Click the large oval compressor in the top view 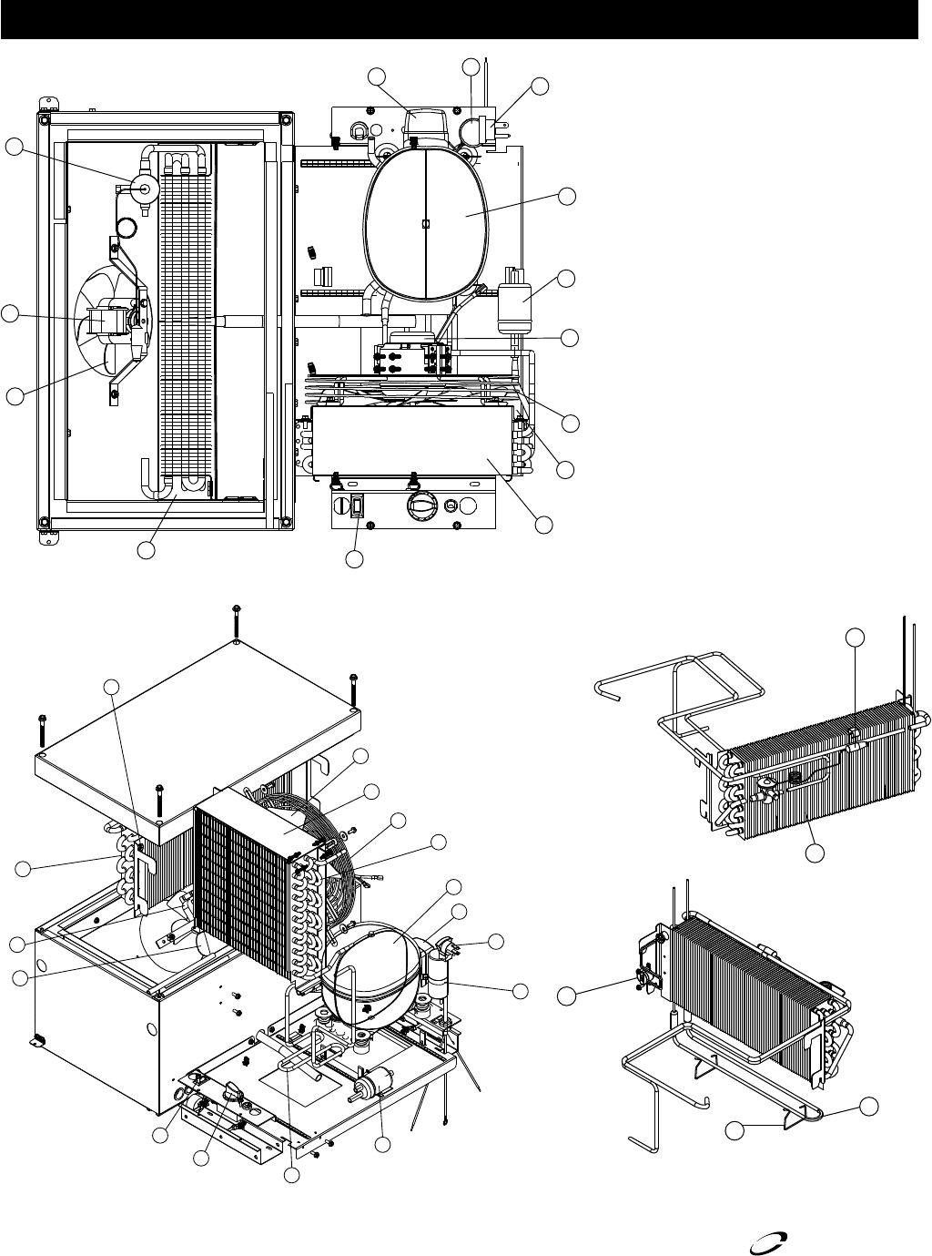[x=426, y=224]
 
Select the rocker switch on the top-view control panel [x=359, y=506]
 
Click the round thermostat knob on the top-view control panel [x=420, y=505]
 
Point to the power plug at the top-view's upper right [x=496, y=129]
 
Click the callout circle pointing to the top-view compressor [x=567, y=196]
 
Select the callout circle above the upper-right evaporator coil [x=855, y=637]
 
